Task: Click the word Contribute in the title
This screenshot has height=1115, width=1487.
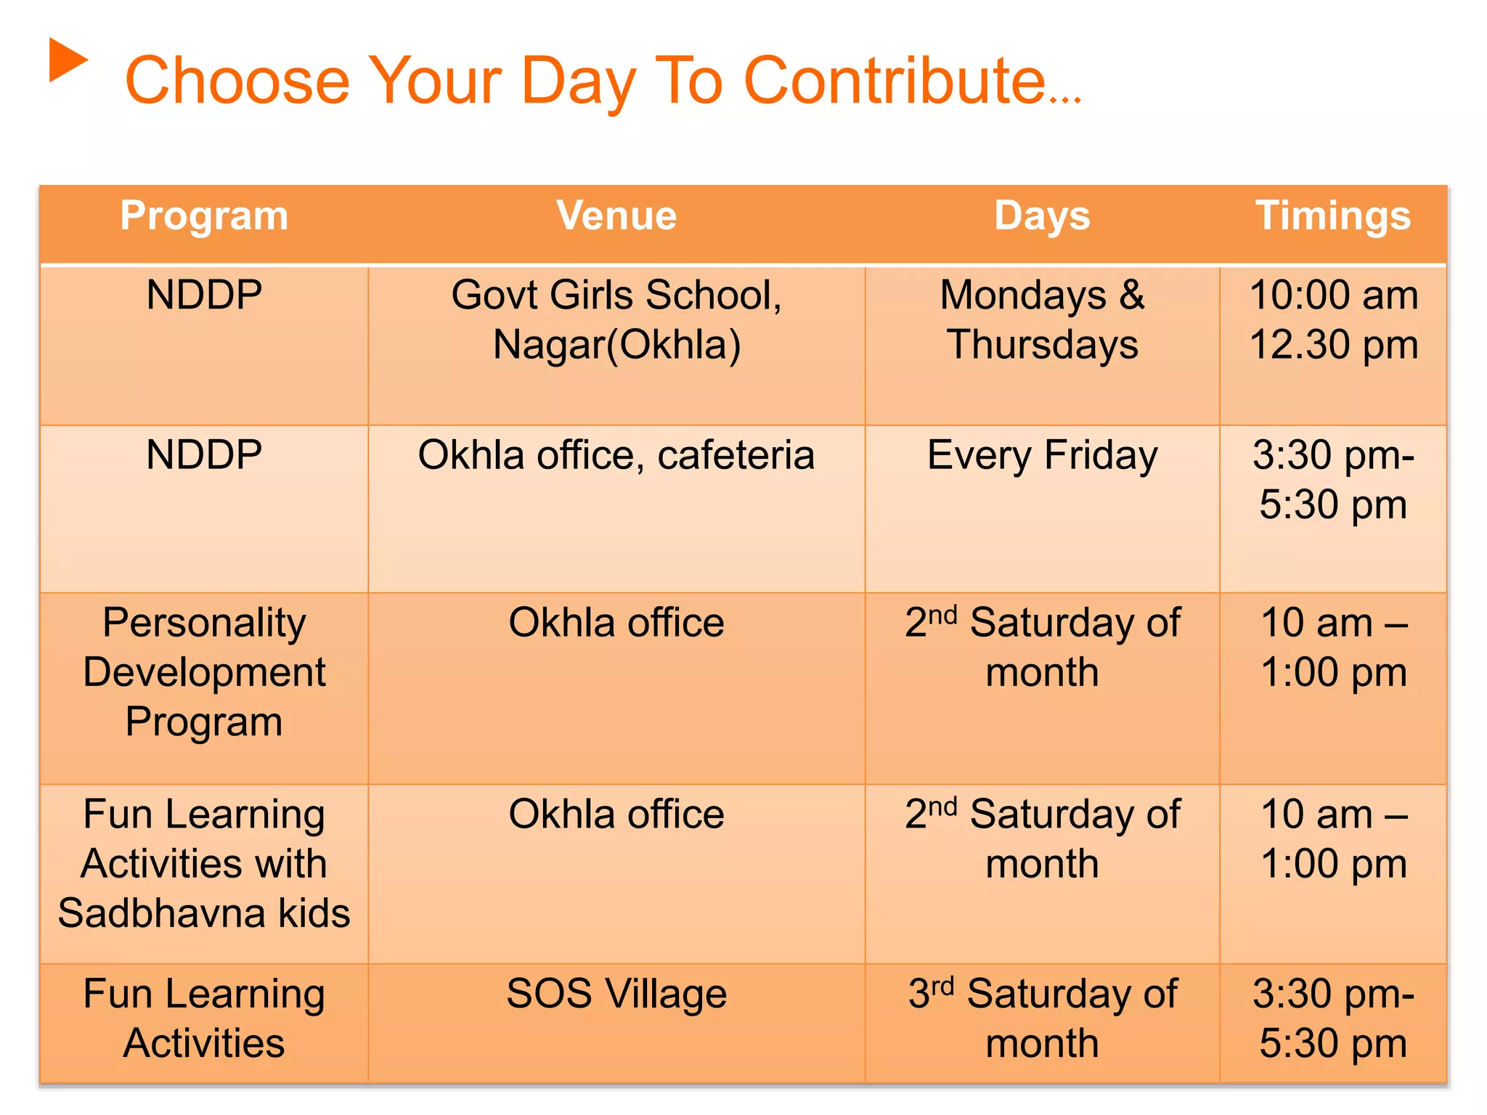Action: pos(895,81)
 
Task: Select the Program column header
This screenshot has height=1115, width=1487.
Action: pos(204,216)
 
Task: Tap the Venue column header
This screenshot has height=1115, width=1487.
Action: pos(616,216)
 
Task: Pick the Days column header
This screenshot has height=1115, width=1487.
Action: pos(1042,216)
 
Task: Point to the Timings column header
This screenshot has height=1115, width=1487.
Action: pos(1333,216)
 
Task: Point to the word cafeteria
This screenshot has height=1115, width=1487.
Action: pos(736,456)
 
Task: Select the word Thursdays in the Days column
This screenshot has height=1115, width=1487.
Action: pos(1042,345)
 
